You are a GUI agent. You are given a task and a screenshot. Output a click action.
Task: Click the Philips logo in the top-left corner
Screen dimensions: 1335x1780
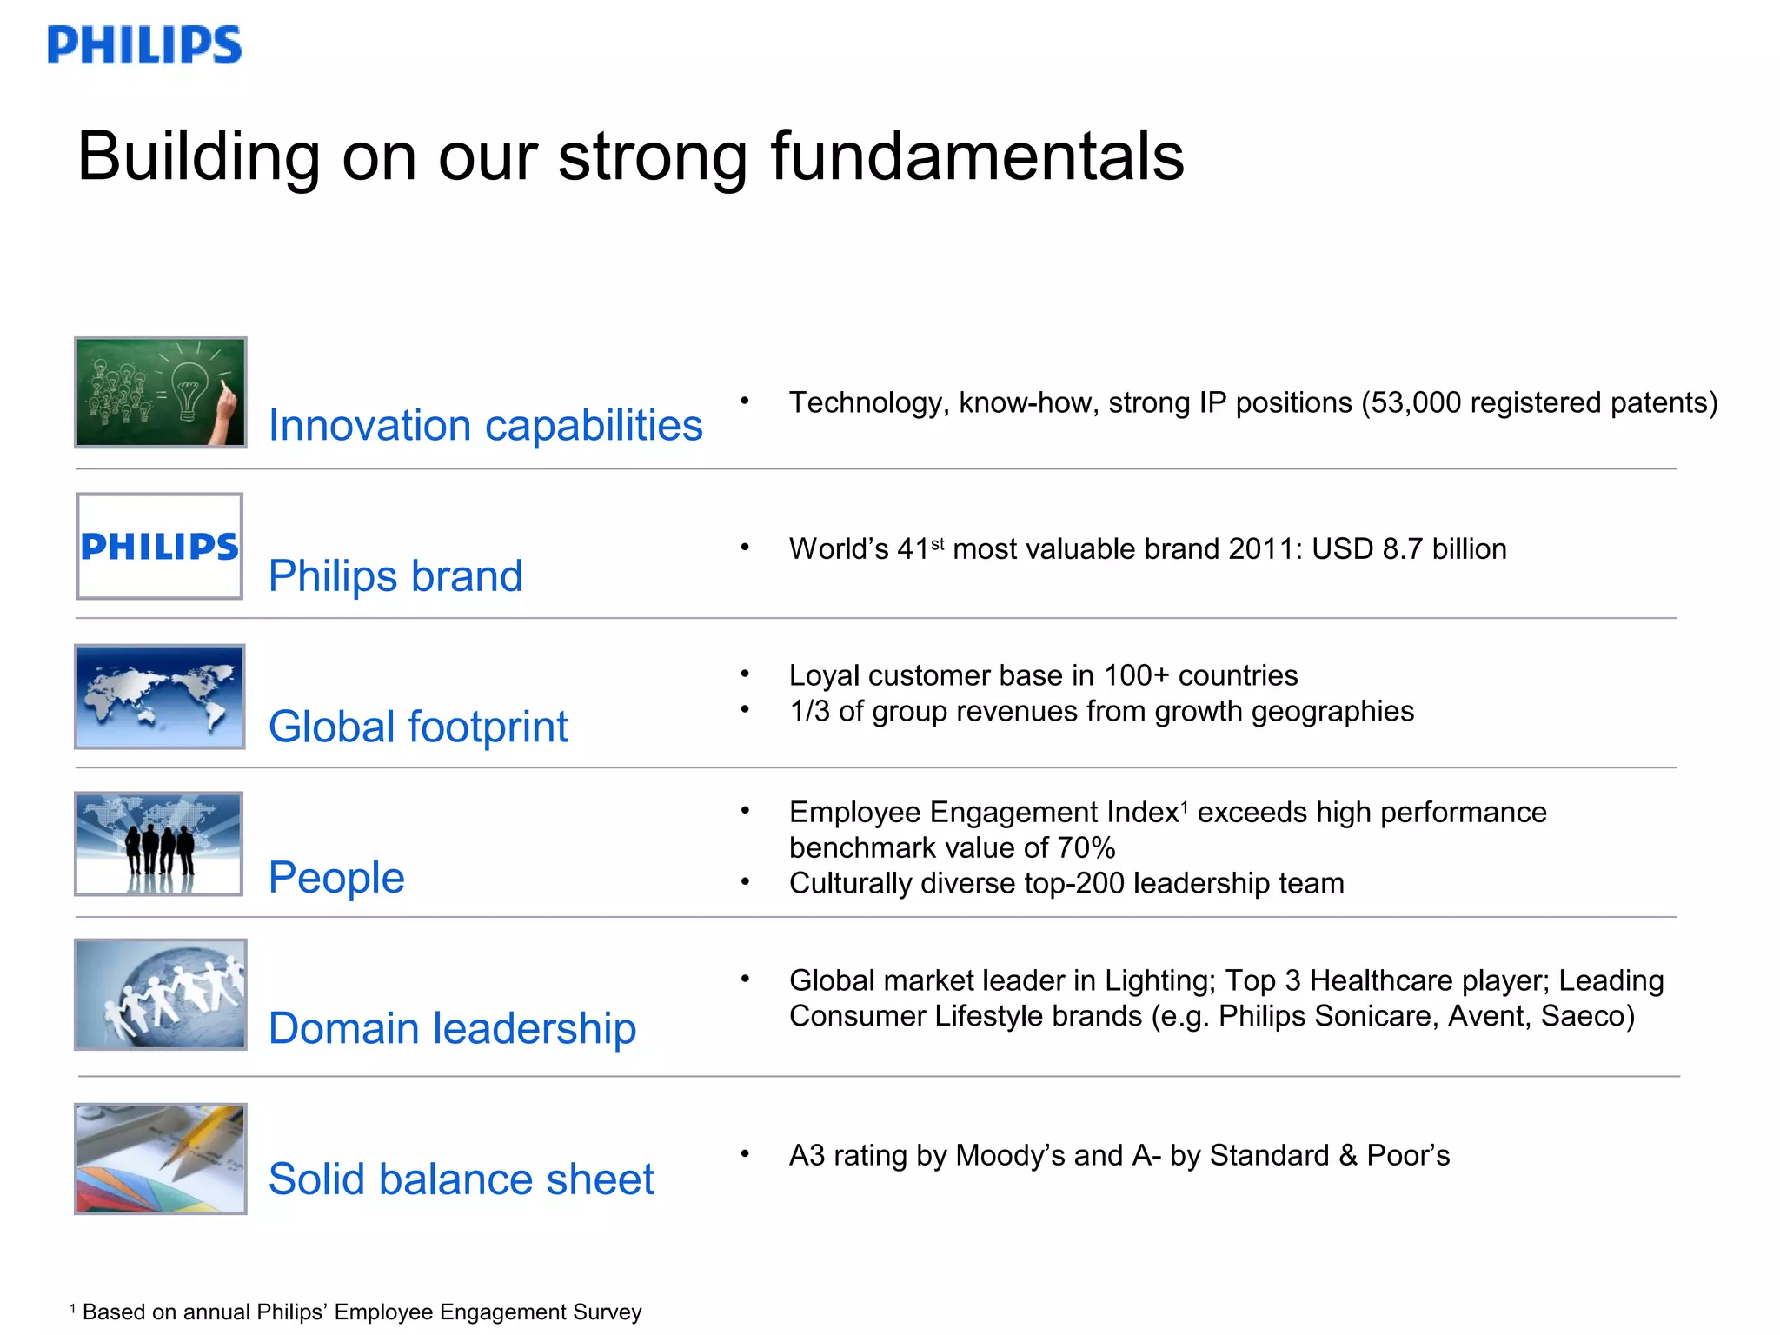coord(144,45)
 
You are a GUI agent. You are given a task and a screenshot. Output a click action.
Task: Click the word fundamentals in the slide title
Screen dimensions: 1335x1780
coord(977,156)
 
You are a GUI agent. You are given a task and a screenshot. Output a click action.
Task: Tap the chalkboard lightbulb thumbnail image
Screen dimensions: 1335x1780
coord(161,393)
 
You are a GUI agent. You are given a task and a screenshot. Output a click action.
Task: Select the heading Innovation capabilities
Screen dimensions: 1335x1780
coord(485,426)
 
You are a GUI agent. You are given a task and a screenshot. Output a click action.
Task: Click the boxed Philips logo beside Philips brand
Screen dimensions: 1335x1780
coord(159,547)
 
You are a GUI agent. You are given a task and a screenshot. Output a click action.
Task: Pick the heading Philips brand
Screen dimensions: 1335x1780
coord(395,576)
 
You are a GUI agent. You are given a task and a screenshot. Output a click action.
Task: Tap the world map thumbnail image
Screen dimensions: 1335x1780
coord(160,697)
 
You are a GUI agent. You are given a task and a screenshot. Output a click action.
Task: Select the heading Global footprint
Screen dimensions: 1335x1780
coord(418,727)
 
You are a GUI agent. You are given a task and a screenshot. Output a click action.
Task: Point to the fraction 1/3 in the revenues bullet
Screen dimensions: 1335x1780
coord(808,712)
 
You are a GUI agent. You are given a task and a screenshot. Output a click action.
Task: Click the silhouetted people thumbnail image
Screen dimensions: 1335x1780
coord(159,844)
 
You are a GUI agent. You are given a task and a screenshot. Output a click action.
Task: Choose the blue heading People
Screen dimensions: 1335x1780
coord(336,878)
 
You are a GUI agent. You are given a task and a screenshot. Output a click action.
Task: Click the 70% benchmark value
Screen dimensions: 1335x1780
coord(1086,847)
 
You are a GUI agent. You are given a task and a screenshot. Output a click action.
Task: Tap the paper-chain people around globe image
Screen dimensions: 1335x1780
coord(161,994)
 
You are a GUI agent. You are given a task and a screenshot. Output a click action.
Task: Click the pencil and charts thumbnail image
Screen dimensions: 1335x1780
coord(161,1159)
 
